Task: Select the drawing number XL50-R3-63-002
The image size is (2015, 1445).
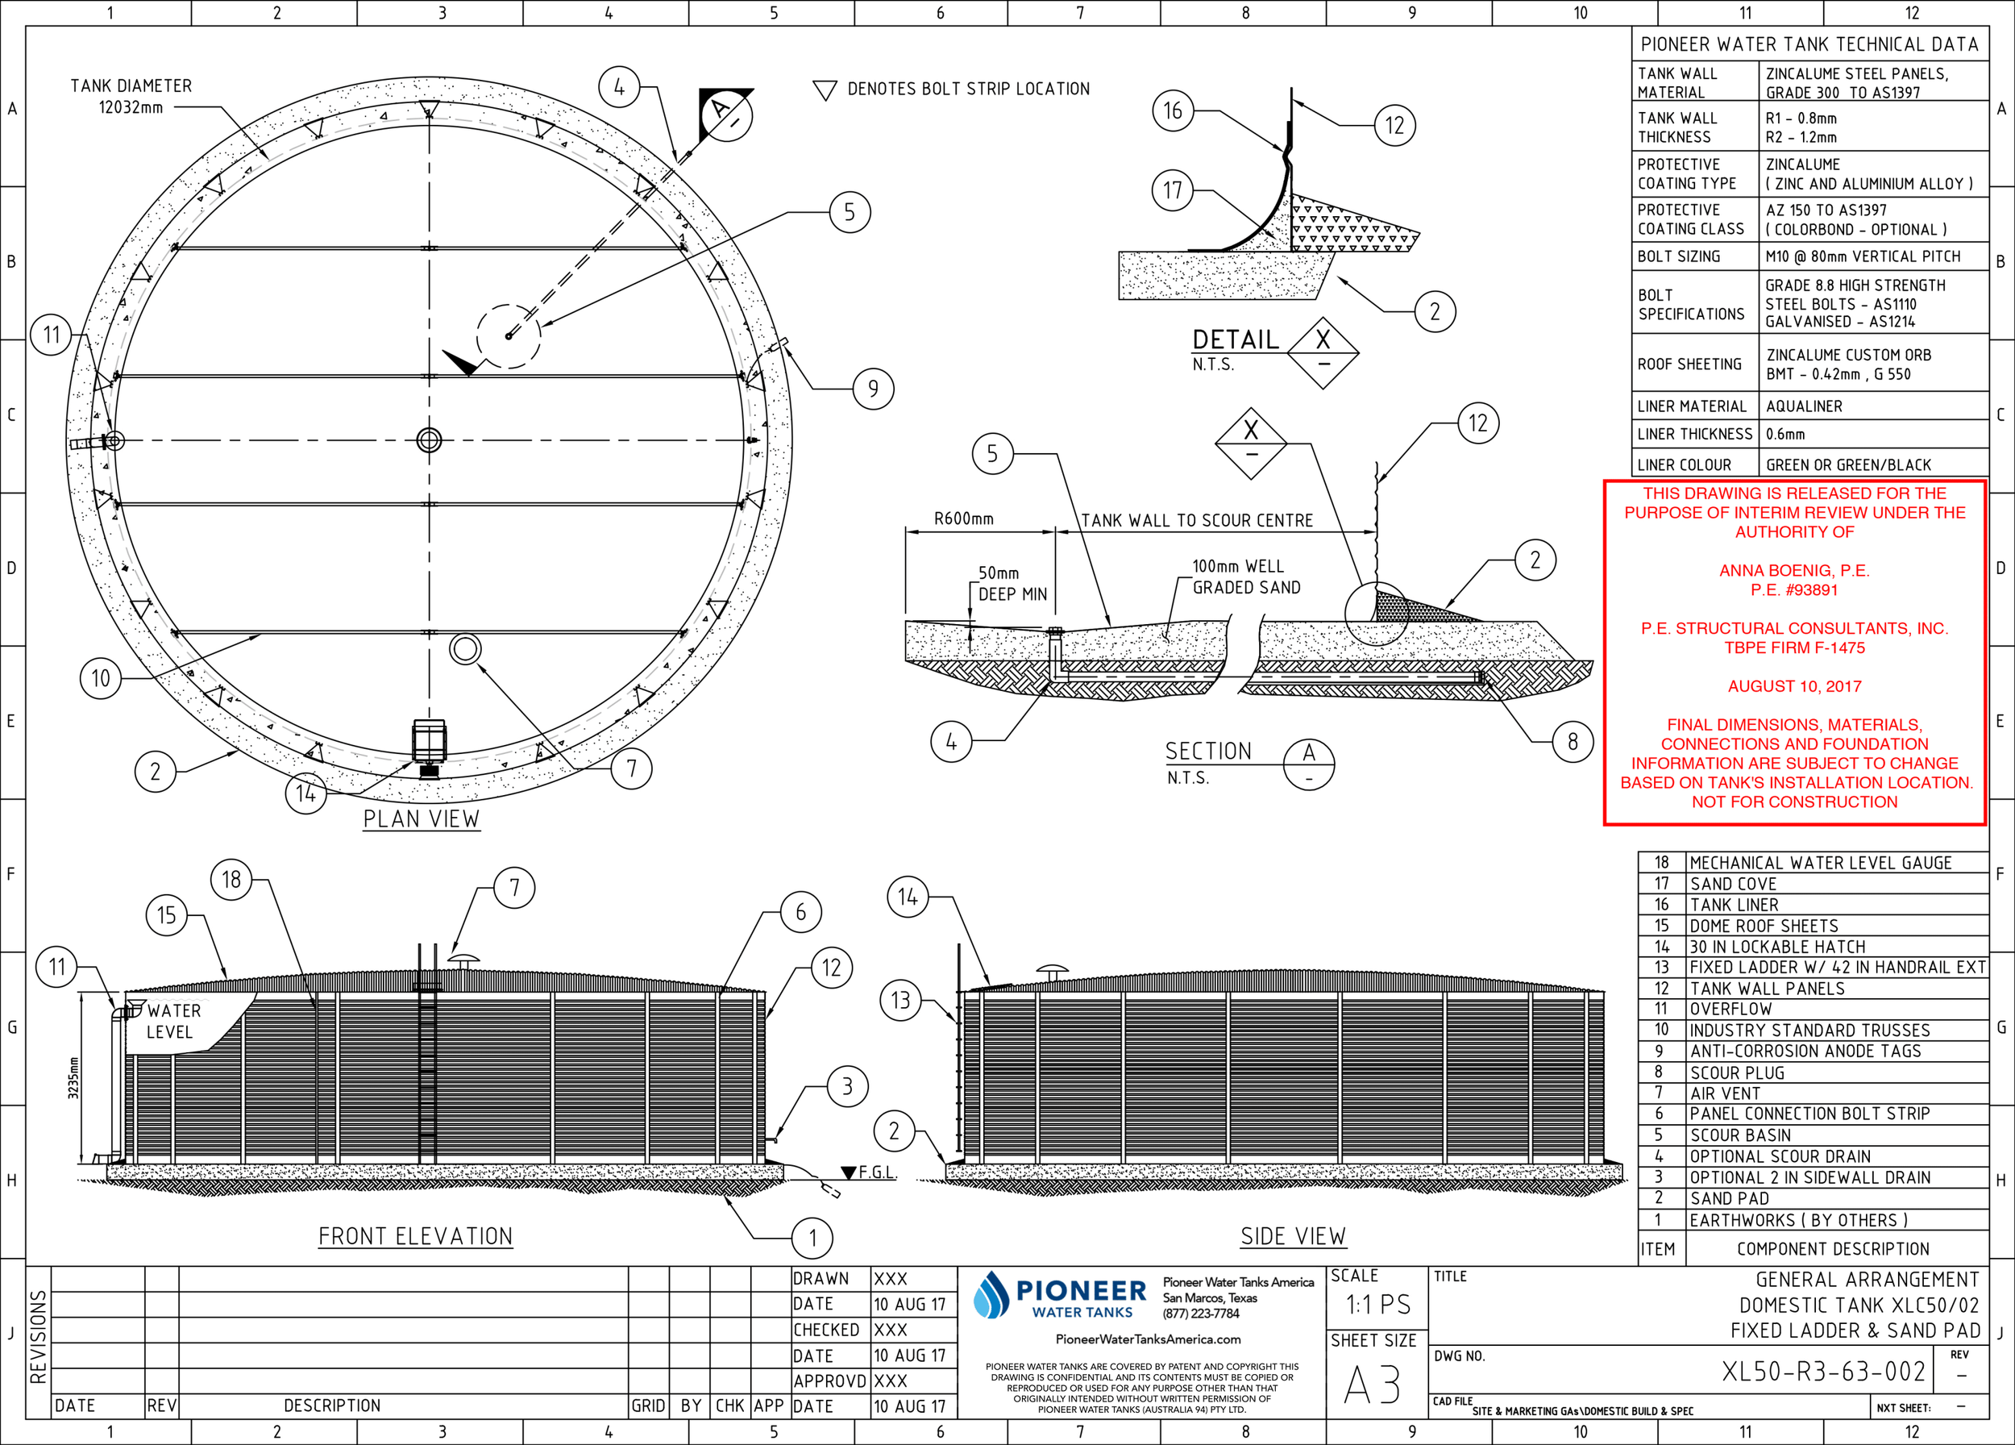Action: (x=1824, y=1372)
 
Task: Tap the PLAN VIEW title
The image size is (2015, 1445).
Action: (x=421, y=818)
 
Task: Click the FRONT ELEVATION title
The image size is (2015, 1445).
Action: (x=415, y=1236)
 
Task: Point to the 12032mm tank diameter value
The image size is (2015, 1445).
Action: (x=131, y=107)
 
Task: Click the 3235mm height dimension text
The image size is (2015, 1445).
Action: (x=73, y=1077)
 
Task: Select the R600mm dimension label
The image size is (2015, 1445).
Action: (x=964, y=519)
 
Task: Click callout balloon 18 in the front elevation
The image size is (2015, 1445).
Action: (x=231, y=880)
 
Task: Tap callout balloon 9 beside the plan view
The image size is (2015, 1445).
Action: (x=874, y=389)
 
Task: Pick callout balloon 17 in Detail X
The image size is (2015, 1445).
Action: (x=1173, y=190)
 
